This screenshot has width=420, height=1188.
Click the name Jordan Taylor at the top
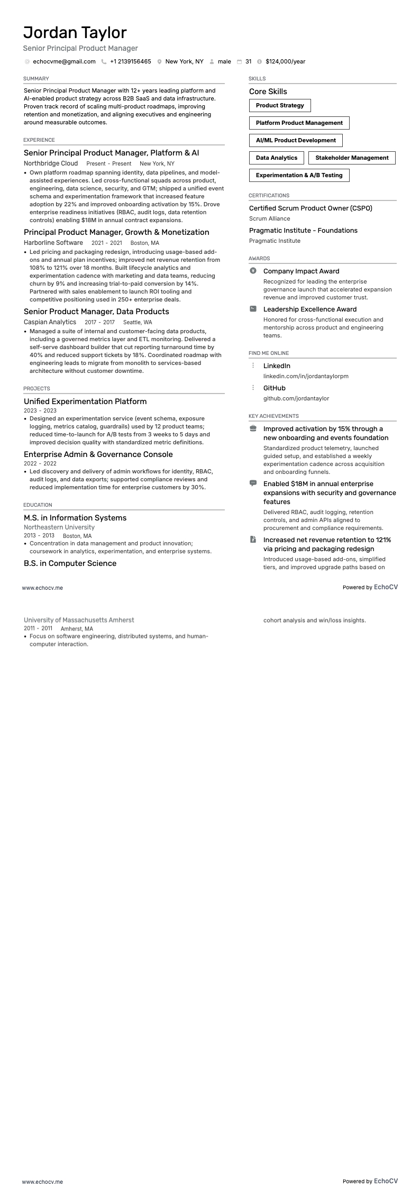[75, 33]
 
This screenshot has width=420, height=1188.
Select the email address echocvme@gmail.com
[64, 62]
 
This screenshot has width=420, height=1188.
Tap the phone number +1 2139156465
[130, 62]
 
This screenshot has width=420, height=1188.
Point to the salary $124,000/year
[285, 62]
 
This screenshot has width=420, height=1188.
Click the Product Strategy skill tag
[280, 106]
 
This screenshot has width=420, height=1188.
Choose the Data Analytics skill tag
[276, 158]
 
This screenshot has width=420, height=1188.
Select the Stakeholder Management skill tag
[352, 158]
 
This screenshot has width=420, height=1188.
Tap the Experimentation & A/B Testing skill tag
[299, 175]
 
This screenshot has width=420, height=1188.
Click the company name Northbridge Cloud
[51, 164]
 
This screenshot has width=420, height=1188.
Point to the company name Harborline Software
[53, 243]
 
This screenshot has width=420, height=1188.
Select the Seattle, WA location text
[138, 323]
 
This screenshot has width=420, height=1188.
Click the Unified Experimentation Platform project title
[85, 402]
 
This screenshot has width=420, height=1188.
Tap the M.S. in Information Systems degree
[75, 518]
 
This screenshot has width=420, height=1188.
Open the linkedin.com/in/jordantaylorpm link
[306, 377]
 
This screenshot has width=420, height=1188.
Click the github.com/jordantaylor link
[296, 399]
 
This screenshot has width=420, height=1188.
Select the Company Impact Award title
[301, 271]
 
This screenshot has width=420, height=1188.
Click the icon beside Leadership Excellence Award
[253, 309]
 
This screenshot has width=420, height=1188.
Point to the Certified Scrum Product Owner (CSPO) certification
[311, 208]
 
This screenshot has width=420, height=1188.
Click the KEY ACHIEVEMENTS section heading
[273, 416]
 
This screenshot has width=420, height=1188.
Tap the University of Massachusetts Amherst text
[79, 620]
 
